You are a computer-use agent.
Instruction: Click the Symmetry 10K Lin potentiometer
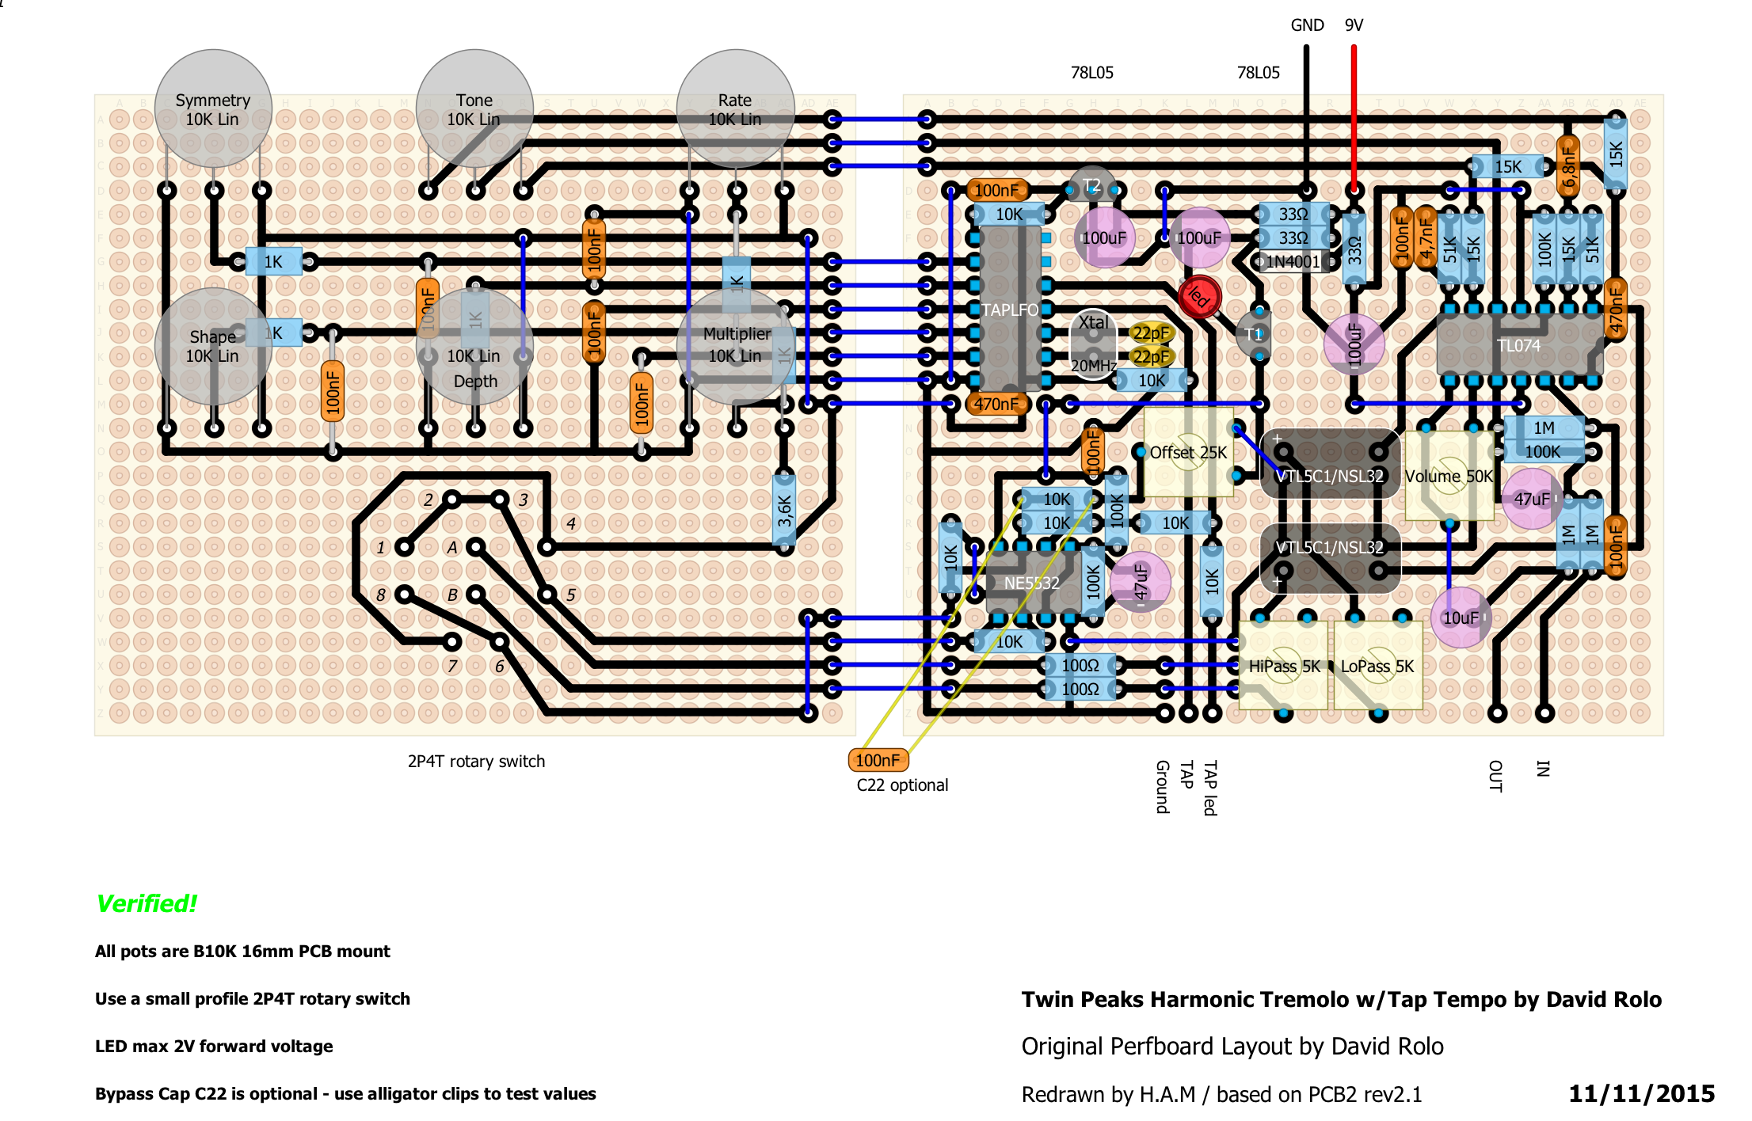click(x=213, y=109)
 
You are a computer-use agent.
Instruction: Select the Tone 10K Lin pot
click(x=474, y=109)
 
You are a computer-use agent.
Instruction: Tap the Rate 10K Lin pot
click(x=736, y=109)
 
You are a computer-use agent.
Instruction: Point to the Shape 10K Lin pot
click(x=213, y=346)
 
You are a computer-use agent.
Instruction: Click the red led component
click(x=1199, y=297)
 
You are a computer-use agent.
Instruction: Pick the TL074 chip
click(x=1518, y=346)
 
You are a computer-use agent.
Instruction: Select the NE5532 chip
click(x=1031, y=583)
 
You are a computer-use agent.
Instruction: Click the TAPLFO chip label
click(x=1010, y=310)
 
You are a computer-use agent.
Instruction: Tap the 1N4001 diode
click(x=1293, y=262)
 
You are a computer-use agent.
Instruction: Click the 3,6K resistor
click(x=784, y=511)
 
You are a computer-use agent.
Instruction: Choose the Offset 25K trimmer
click(x=1188, y=453)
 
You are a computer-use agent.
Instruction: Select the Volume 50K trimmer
click(x=1449, y=477)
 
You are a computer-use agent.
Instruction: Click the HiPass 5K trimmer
click(x=1284, y=667)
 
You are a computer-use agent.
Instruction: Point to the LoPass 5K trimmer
click(x=1377, y=667)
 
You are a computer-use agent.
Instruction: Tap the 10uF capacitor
click(x=1461, y=617)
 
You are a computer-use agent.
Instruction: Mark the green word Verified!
click(x=147, y=903)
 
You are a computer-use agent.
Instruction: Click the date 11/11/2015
click(x=1641, y=1093)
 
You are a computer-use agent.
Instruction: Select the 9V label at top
click(x=1354, y=25)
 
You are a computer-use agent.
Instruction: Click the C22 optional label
click(x=902, y=785)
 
